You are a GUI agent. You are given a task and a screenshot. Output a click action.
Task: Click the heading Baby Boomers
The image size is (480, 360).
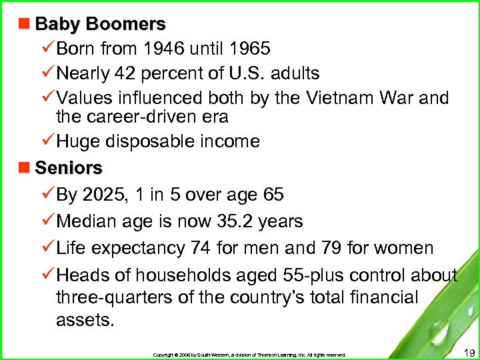[x=100, y=25]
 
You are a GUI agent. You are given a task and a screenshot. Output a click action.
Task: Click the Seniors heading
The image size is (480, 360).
[x=69, y=167]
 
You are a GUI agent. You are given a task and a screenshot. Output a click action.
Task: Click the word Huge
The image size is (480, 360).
[x=79, y=141]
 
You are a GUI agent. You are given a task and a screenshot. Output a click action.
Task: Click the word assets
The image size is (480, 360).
[x=85, y=320]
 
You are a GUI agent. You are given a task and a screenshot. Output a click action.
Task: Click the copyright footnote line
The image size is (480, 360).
[x=249, y=355]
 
